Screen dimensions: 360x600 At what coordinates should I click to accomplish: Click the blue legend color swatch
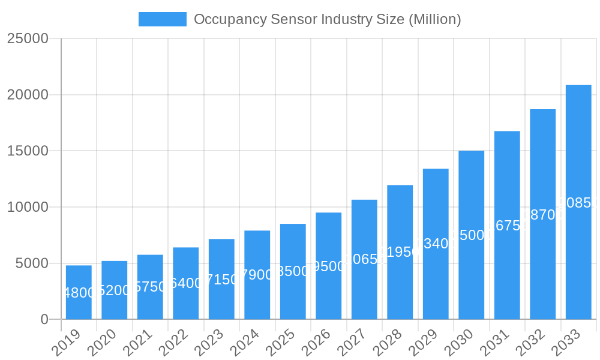point(162,19)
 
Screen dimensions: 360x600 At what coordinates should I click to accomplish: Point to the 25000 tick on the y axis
point(28,38)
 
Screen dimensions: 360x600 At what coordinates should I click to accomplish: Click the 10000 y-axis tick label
point(28,207)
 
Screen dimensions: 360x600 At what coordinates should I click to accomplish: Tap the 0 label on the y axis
point(44,320)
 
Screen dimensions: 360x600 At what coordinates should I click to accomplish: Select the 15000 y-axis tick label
point(28,151)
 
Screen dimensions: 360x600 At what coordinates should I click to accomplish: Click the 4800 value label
point(79,293)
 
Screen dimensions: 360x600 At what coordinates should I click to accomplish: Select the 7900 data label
point(257,275)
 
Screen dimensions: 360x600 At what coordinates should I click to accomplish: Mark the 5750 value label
point(150,287)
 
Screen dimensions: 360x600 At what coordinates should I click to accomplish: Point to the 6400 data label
point(185,283)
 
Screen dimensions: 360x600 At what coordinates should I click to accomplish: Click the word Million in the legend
point(434,19)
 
